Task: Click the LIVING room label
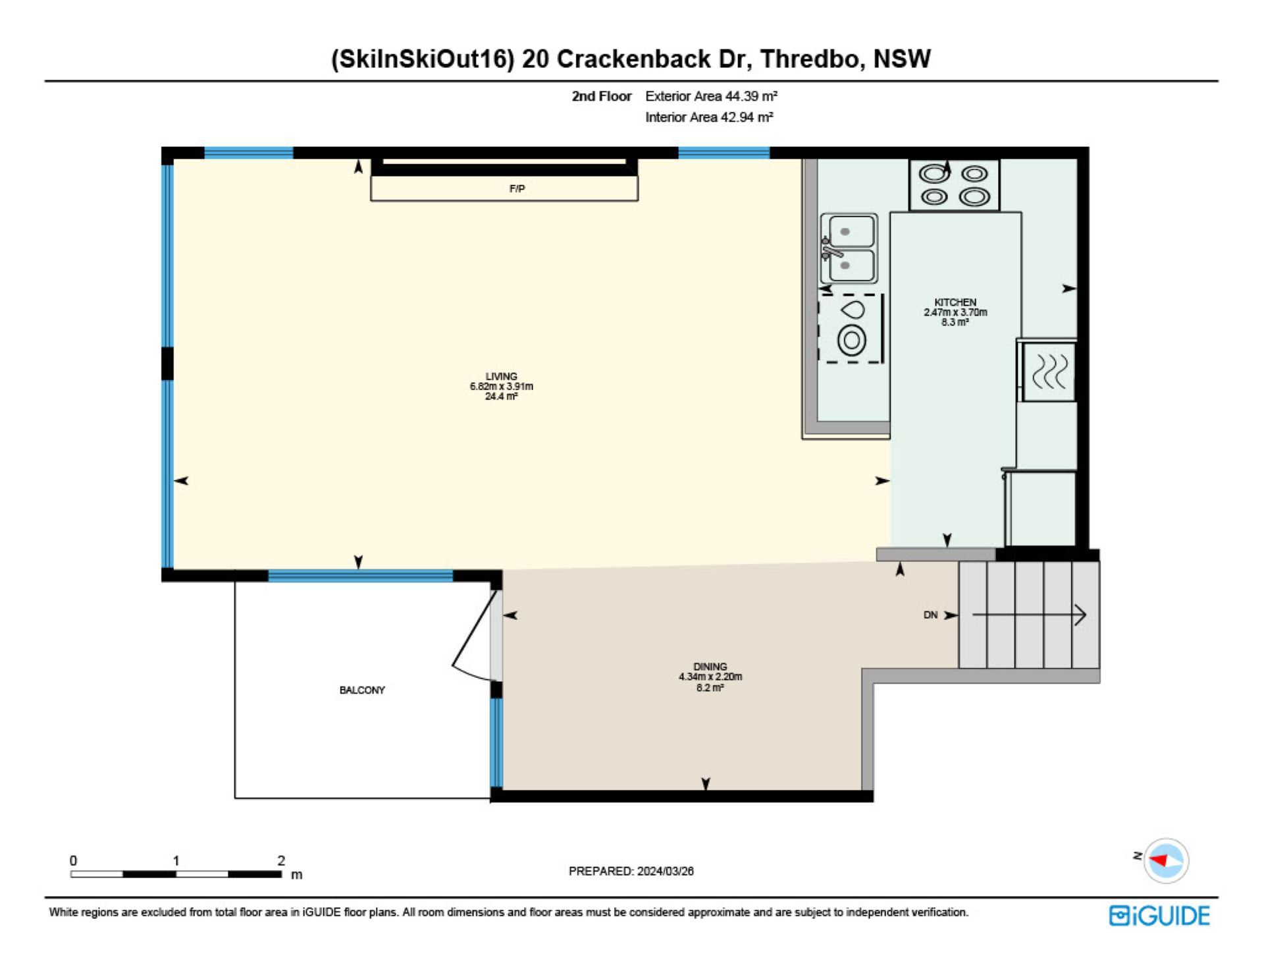[502, 377]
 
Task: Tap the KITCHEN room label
[955, 302]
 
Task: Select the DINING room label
[710, 667]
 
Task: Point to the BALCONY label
[362, 690]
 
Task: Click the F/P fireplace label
[517, 189]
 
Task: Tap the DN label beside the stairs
[930, 615]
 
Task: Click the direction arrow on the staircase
[1029, 615]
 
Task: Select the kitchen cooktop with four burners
[955, 185]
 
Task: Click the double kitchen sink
[849, 249]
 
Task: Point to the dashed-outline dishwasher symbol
[850, 329]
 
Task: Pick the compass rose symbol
[1166, 860]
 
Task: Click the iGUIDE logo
[1159, 916]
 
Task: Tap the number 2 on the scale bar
[281, 860]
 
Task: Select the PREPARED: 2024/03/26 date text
[631, 871]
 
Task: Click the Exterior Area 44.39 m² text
[712, 96]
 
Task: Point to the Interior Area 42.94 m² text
[709, 117]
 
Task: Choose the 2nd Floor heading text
[602, 96]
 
